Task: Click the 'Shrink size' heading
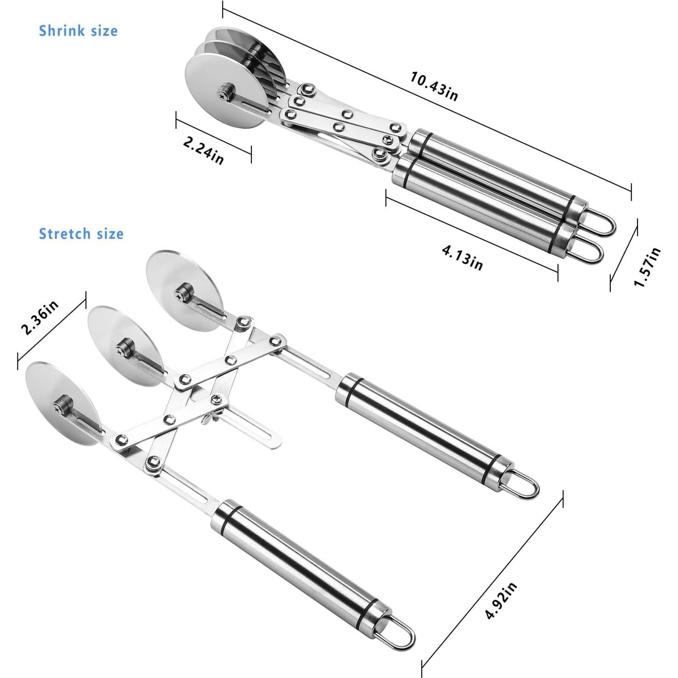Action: coord(78,31)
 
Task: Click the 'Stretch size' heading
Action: coord(81,234)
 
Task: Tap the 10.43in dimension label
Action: coord(434,86)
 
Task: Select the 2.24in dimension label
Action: coord(203,151)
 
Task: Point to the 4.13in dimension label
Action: coord(462,258)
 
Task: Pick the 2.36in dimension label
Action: coord(41,318)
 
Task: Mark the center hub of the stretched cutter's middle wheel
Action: coord(123,346)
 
